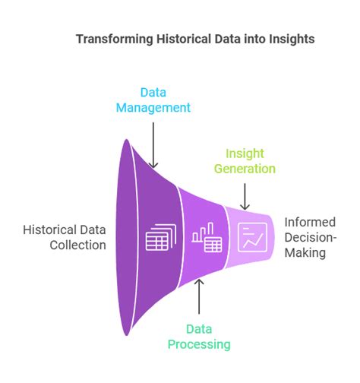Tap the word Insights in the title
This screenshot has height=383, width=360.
(289, 39)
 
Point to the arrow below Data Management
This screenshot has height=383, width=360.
(153, 144)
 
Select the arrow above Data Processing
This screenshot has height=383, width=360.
(199, 296)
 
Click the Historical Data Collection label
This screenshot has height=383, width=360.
(65, 236)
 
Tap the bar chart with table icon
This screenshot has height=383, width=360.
(207, 239)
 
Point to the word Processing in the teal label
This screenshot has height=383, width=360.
(199, 344)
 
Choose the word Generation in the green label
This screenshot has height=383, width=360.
(244, 168)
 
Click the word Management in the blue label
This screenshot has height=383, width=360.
(153, 107)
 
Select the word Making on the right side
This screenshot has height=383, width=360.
(305, 252)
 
